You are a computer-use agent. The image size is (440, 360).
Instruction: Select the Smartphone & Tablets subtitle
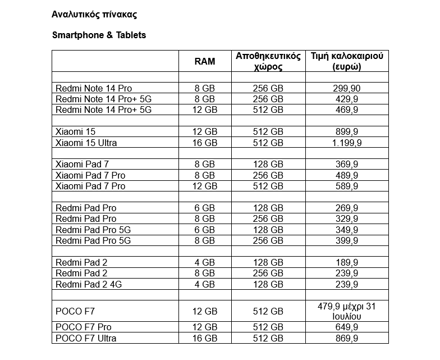[x=99, y=35]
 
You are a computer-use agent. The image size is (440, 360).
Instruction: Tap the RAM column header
[x=204, y=61]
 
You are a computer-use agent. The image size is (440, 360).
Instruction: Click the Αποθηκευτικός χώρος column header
[x=268, y=61]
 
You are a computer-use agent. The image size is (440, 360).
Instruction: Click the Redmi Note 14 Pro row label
[x=94, y=88]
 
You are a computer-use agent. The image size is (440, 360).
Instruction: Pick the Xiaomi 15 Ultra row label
[x=86, y=143]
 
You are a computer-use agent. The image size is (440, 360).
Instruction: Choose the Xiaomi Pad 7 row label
[x=82, y=164]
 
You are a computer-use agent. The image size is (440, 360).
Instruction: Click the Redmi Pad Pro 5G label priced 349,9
[x=93, y=230]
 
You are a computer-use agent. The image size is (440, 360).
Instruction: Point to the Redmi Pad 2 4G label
[x=89, y=284]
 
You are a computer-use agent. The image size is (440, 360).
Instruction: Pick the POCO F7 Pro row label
[x=84, y=327]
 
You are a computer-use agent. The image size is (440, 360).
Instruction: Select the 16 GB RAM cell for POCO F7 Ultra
[x=204, y=338]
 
